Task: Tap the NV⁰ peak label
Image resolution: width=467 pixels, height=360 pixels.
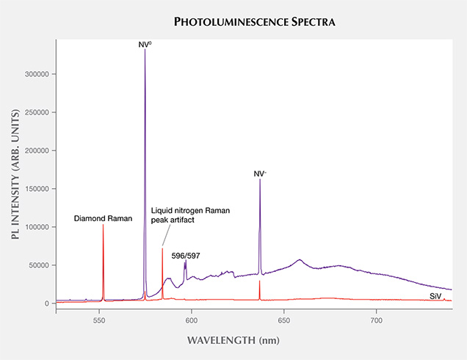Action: coord(145,45)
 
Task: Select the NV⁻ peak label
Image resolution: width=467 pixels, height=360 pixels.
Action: coord(260,174)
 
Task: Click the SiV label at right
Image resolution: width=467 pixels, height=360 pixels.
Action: coord(435,295)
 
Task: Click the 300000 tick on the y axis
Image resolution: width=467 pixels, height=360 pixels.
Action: coord(36,74)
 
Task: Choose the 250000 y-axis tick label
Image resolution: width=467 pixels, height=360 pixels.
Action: coord(36,112)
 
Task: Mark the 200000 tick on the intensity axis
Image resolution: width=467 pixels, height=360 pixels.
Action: coord(36,151)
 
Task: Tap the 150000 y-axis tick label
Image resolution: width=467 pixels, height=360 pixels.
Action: coord(36,189)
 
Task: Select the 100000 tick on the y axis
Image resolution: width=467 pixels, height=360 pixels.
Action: coord(36,227)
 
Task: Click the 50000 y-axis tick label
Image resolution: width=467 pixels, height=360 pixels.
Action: coord(38,265)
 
